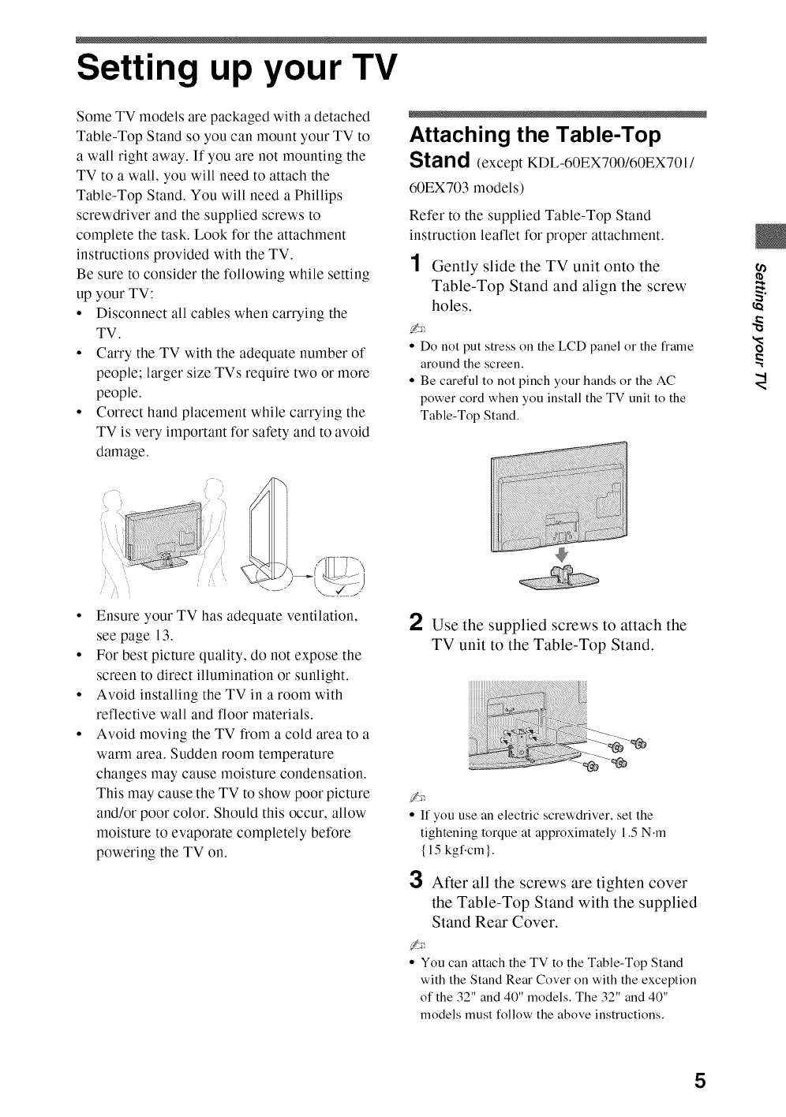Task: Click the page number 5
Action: click(698, 1080)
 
